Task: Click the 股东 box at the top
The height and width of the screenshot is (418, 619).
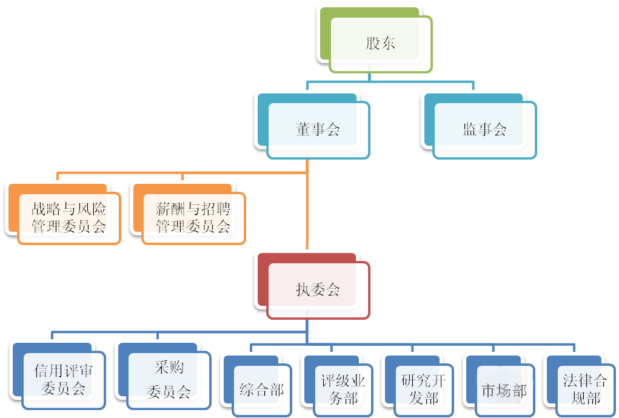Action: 380,44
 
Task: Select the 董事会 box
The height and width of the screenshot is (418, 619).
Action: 318,129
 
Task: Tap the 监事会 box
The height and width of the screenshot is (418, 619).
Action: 484,129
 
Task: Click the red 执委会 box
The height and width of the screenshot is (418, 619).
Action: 318,290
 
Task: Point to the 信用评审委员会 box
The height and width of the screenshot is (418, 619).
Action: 63,379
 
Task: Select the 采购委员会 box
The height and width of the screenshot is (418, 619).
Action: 169,379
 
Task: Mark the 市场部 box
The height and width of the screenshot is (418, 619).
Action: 504,389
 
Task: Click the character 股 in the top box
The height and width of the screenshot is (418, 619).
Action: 373,44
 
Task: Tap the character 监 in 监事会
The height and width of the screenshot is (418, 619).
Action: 470,129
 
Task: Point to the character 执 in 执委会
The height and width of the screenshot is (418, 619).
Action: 303,290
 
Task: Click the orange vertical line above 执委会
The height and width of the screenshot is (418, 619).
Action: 307,212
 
